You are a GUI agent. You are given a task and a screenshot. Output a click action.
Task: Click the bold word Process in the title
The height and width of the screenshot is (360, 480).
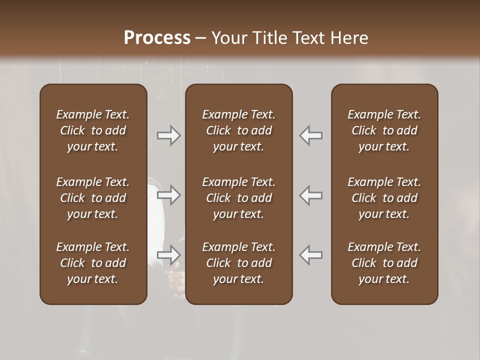coord(157,38)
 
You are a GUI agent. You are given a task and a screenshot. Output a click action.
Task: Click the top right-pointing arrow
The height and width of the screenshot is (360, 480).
coord(169,135)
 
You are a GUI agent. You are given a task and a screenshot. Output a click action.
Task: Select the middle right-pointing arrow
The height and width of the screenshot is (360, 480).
coord(169,195)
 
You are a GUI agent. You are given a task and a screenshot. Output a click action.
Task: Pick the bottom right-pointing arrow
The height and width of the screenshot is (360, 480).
coord(169,255)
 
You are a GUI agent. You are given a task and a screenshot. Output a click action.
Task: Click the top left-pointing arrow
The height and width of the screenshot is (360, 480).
coord(311,135)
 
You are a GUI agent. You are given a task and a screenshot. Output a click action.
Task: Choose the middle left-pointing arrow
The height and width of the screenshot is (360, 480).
coord(311,195)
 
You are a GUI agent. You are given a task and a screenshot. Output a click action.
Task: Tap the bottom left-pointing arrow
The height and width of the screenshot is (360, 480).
coord(311,255)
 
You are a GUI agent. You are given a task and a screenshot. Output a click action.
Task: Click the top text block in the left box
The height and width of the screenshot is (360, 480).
coord(93,130)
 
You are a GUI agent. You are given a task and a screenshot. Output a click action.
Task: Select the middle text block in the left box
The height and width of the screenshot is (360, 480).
coord(93,198)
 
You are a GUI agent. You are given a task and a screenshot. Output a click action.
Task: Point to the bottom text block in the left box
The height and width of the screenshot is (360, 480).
coord(93,263)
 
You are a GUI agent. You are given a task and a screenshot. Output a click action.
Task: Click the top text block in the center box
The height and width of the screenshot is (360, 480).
coord(239,130)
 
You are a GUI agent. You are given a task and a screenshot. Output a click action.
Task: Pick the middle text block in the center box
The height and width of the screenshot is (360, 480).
coord(239,198)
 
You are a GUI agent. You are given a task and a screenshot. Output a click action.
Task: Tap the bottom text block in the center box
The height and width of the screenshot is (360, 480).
coord(239,263)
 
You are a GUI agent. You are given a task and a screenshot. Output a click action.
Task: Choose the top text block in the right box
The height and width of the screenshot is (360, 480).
coord(384,130)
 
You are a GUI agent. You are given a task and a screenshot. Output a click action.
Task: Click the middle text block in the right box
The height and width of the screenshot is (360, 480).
coord(384,198)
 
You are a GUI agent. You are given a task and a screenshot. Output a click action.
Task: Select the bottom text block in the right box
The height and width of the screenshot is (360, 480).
coord(384,263)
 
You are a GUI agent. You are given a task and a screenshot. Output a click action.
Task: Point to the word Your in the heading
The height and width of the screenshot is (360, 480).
coord(228,38)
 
